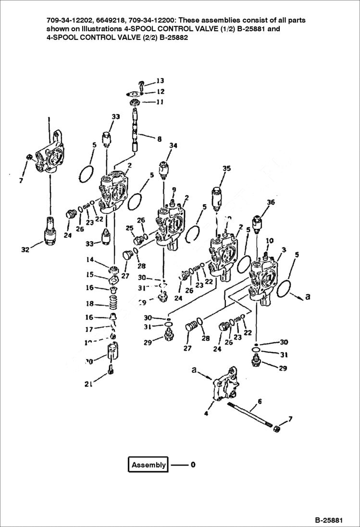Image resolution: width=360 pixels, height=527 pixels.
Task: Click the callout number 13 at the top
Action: [160, 81]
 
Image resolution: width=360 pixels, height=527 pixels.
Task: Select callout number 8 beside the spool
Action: [159, 138]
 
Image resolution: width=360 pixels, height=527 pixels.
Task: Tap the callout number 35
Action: [226, 168]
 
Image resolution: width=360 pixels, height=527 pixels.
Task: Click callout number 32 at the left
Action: [25, 249]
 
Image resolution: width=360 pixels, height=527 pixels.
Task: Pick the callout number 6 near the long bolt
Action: [260, 401]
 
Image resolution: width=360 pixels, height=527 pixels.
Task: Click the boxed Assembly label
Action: [149, 465]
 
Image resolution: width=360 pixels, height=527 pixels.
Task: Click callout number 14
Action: [90, 260]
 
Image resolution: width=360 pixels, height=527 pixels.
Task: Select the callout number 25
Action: [129, 227]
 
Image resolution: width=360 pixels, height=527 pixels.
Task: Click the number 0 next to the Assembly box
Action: [193, 465]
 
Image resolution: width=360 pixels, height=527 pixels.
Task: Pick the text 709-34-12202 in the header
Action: [68, 21]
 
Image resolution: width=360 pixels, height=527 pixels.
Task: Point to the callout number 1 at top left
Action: [49, 119]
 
